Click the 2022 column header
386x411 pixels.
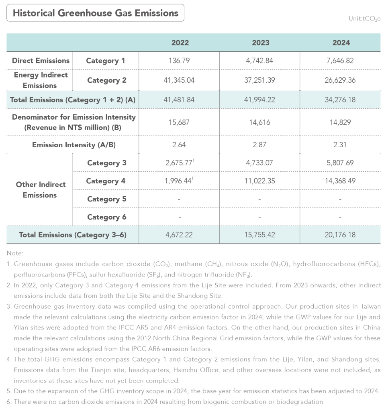(180, 43)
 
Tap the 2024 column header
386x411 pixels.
(341, 43)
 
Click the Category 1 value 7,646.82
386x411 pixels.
(341, 61)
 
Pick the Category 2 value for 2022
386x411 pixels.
(180, 80)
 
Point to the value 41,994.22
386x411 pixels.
(259, 100)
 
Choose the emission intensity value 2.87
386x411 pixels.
(259, 144)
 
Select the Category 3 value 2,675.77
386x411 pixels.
(178, 163)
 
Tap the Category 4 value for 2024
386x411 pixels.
(341, 181)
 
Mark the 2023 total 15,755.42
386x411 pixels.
(259, 235)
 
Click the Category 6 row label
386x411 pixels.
(106, 217)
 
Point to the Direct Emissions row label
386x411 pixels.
(41, 61)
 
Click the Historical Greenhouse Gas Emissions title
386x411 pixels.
(96, 13)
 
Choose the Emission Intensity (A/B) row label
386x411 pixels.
(74, 144)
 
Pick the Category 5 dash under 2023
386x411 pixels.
(259, 199)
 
